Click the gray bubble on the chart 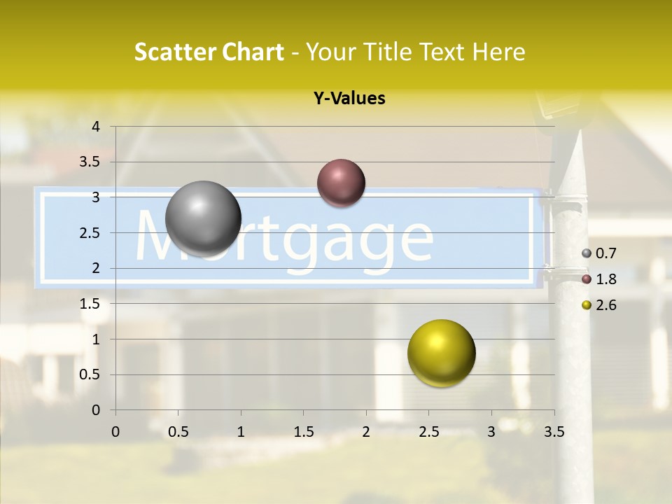click(203, 218)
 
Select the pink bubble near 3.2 click(341, 183)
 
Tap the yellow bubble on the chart click(441, 353)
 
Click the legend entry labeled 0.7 click(599, 253)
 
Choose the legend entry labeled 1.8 click(599, 279)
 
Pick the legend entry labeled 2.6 click(599, 305)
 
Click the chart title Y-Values click(349, 99)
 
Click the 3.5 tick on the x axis click(554, 432)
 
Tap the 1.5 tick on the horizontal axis click(304, 432)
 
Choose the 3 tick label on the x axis click(491, 432)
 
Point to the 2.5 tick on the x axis click(428, 432)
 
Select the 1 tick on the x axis click(241, 432)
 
